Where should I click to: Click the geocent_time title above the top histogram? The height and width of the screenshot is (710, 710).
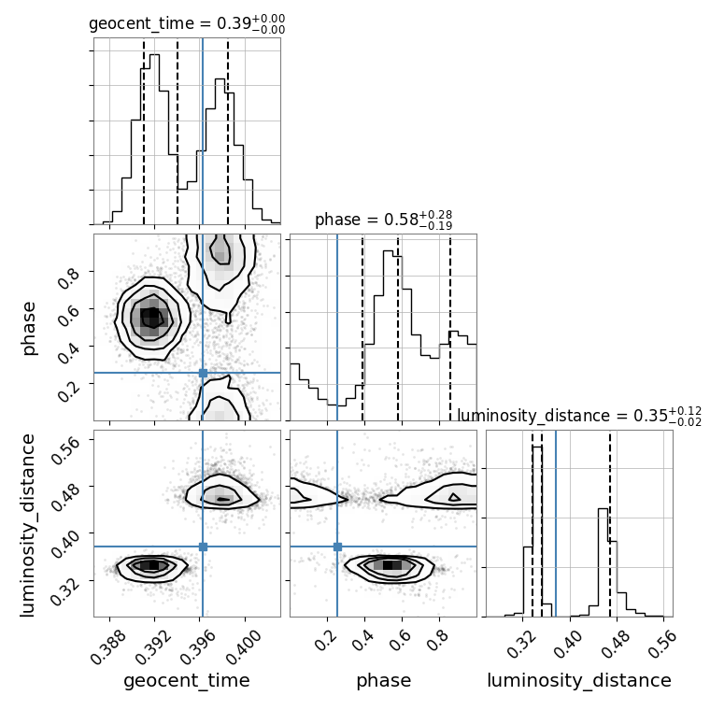[x=187, y=23]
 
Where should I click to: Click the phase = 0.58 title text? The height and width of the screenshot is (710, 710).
[x=384, y=220]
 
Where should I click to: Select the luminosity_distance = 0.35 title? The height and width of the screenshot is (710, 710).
[x=579, y=416]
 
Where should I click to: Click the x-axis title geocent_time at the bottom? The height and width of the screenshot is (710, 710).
[x=187, y=680]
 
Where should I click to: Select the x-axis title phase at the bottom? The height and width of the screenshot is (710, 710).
[x=384, y=680]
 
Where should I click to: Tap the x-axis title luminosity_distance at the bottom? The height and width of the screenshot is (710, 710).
[x=579, y=680]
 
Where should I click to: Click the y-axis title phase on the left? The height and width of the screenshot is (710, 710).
[x=29, y=329]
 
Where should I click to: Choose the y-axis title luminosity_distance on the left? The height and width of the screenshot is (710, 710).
[x=28, y=525]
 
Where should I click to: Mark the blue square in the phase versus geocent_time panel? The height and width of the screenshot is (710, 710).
[x=203, y=373]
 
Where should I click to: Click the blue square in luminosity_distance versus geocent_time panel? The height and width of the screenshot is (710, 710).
[x=203, y=547]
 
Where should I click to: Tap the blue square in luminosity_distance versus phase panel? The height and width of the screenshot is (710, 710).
[x=337, y=547]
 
